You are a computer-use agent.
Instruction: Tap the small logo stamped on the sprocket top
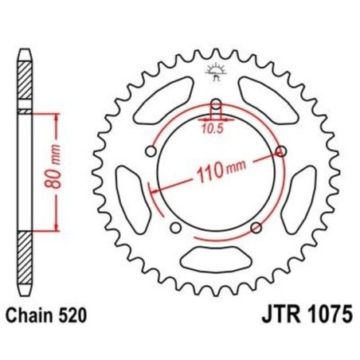pyautogui.click(x=213, y=69)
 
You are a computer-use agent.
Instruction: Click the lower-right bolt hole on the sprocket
pyautogui.click(x=256, y=229)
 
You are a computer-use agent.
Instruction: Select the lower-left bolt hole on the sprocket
pyautogui.click(x=175, y=229)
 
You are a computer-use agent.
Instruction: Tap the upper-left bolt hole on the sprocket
pyautogui.click(x=149, y=152)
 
